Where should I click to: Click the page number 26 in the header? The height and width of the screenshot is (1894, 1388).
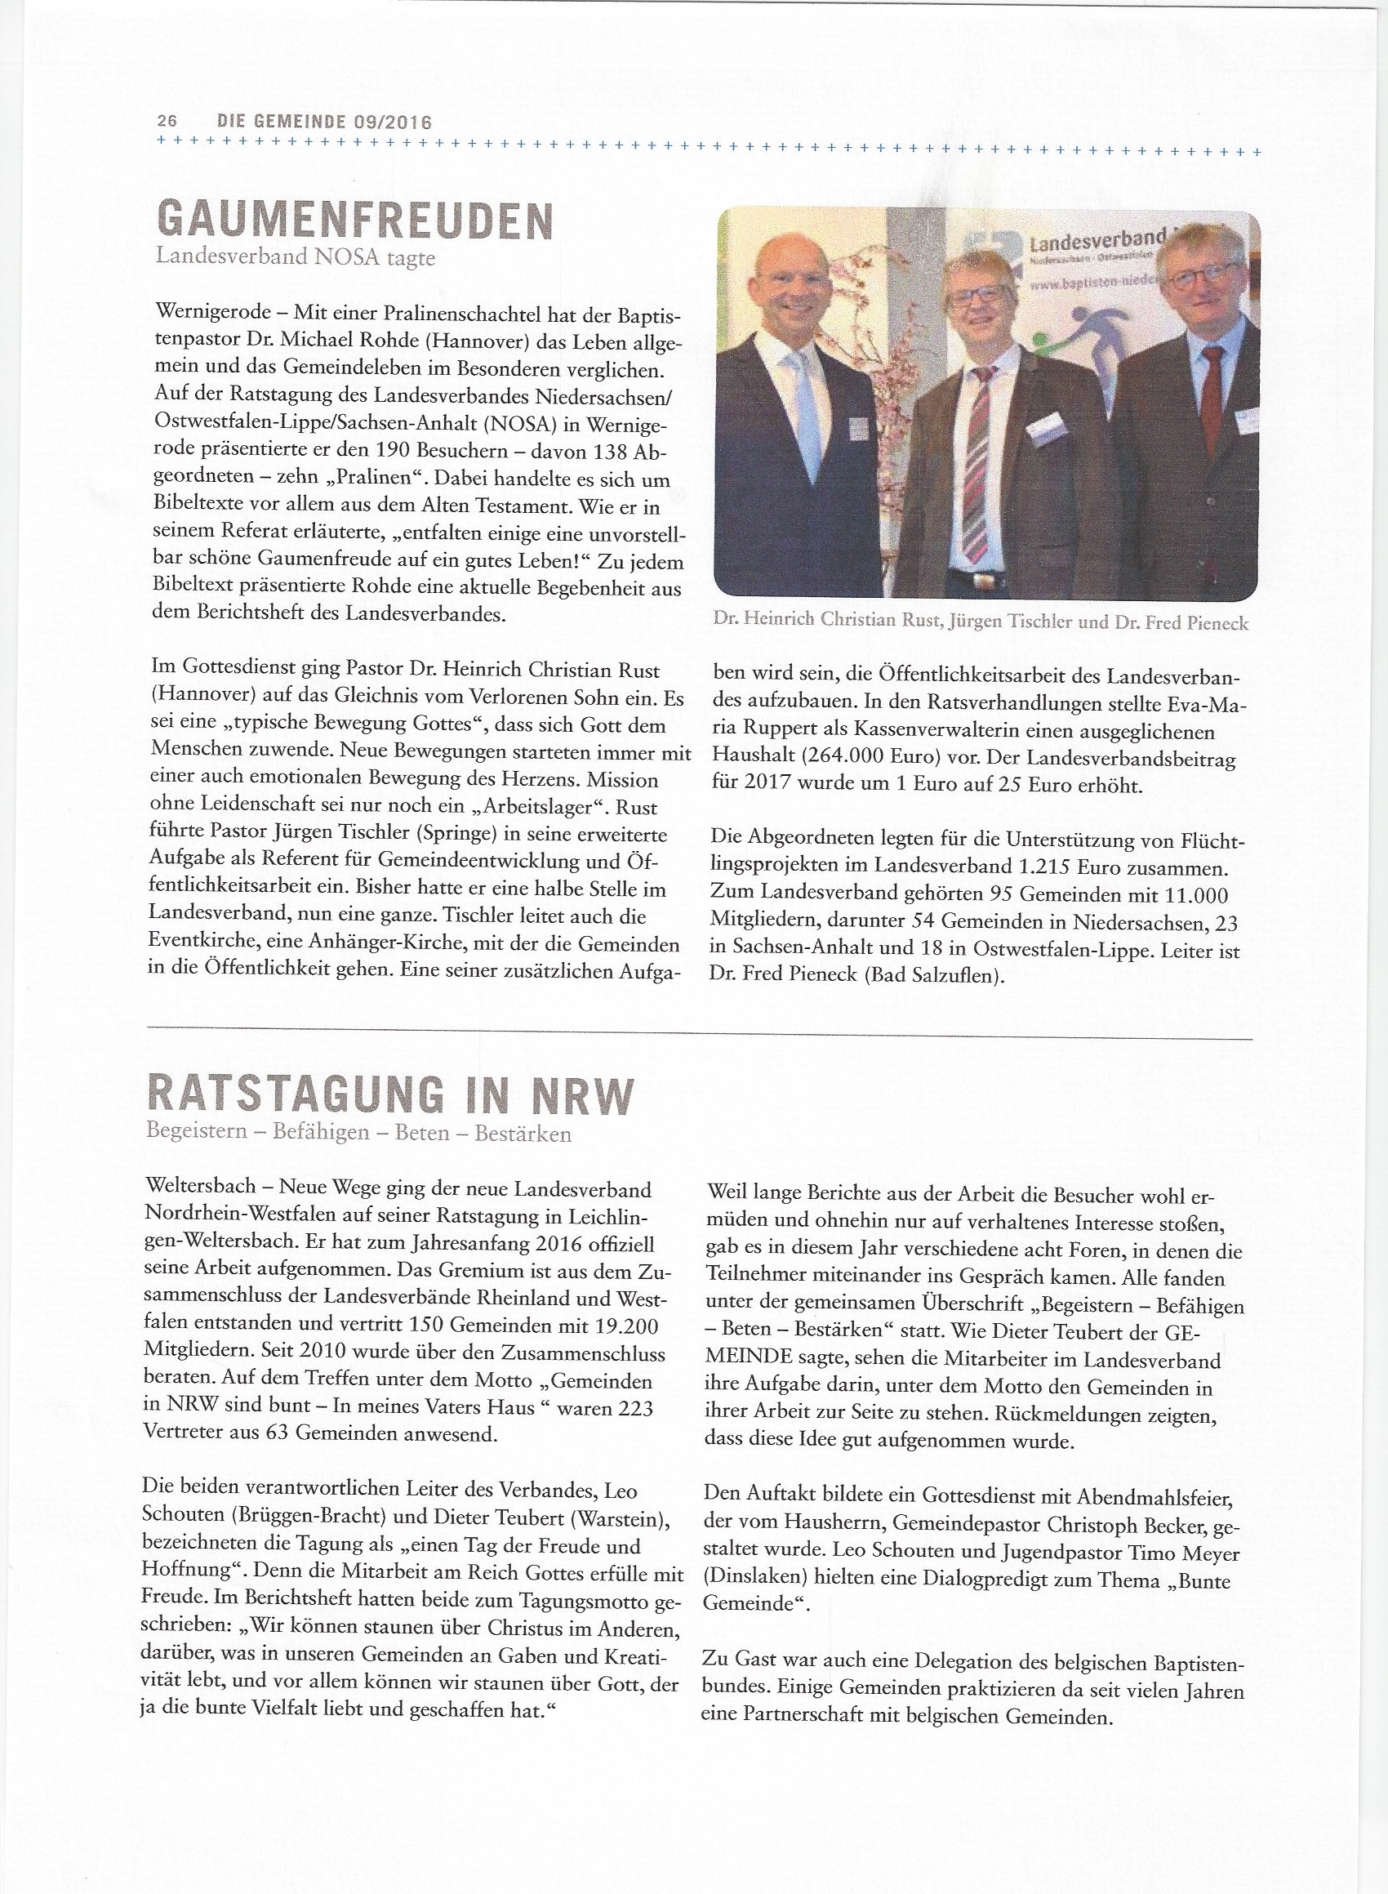167,121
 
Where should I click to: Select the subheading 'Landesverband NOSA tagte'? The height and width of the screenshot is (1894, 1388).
296,257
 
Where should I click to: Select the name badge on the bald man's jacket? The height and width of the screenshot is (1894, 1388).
858,430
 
